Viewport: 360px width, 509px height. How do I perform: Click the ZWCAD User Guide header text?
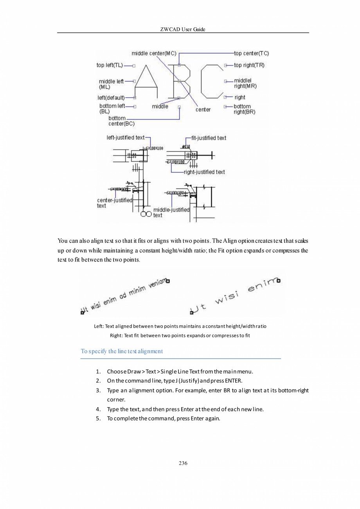tap(183, 29)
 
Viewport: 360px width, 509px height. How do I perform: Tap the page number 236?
tap(183, 464)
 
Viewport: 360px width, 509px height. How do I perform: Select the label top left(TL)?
tap(110, 65)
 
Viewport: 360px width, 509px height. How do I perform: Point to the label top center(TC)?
tap(251, 53)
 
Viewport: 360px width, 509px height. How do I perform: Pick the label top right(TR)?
tap(249, 65)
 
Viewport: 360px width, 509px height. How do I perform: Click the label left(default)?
tap(111, 97)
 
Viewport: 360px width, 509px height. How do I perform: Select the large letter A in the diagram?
tap(146, 82)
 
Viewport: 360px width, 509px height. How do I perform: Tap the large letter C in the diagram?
tap(211, 82)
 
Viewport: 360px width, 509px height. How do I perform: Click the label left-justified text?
tap(126, 137)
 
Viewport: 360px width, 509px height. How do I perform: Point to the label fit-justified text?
tap(209, 138)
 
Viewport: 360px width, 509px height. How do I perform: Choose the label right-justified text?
tap(204, 172)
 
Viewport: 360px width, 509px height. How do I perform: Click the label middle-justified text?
tap(171, 213)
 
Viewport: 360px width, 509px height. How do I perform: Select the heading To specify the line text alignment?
tap(122, 351)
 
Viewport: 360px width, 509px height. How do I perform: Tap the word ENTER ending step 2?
tap(234, 381)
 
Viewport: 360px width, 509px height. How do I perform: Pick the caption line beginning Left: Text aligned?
tap(180, 326)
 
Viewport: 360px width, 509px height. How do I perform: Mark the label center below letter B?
tap(203, 110)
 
